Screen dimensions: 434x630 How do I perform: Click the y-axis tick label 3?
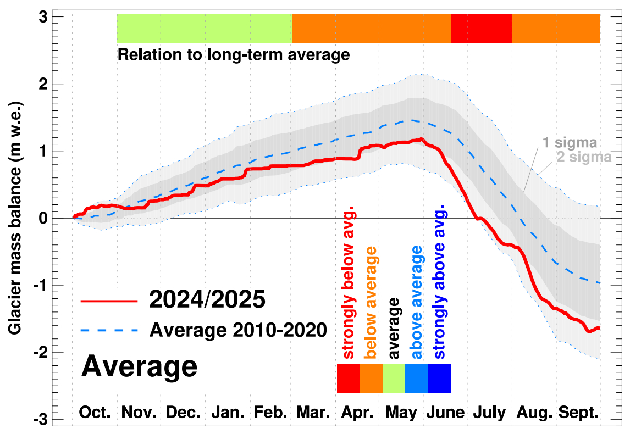[x=57, y=17]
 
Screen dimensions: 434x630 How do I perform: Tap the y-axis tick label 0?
[x=57, y=218]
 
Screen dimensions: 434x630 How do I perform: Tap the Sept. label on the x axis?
[x=578, y=412]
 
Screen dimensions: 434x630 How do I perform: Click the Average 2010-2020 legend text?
[x=238, y=331]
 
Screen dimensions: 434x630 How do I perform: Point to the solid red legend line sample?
[x=108, y=301]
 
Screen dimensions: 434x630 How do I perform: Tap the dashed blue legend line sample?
[x=108, y=331]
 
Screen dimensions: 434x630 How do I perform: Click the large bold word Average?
[x=139, y=366]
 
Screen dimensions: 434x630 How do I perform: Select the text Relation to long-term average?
[x=234, y=55]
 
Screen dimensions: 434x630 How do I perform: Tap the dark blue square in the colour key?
[x=440, y=378]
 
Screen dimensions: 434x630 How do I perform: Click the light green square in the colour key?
[x=394, y=378]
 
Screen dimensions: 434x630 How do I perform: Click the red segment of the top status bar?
[x=482, y=29]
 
